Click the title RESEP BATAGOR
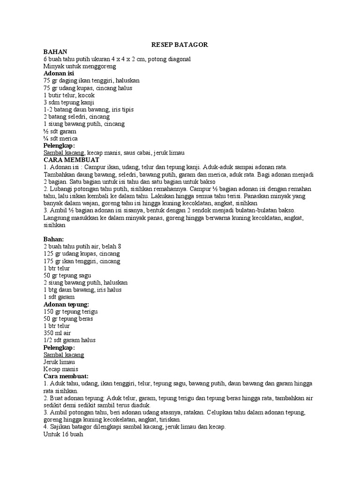(180, 45)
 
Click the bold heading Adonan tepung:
(66, 304)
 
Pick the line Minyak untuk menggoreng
(79, 67)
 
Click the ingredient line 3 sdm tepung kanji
(68, 102)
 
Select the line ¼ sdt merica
(60, 138)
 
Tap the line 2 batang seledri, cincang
(76, 117)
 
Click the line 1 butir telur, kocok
(68, 95)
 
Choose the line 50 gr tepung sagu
(67, 276)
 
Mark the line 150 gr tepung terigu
(70, 312)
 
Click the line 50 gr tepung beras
(68, 319)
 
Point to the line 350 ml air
(58, 333)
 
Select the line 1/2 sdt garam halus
(69, 340)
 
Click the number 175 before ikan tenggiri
(49, 261)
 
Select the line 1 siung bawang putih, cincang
(83, 124)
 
